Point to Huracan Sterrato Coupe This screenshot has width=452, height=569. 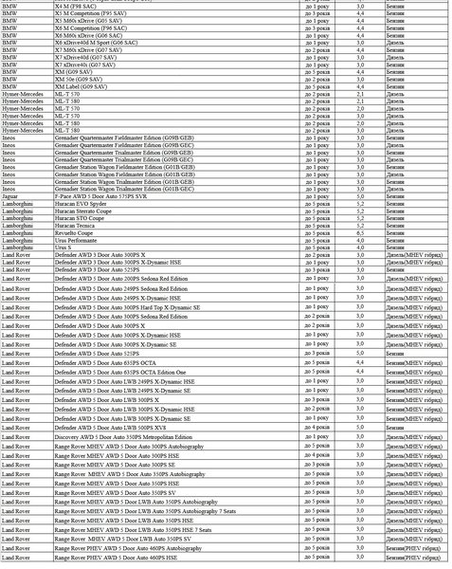point(85,211)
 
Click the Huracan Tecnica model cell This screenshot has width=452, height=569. point(75,226)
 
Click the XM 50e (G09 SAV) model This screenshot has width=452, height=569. point(81,78)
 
